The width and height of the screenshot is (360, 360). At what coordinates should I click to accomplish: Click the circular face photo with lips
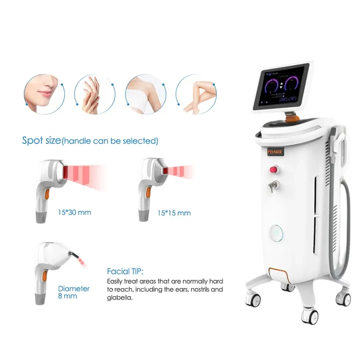(44, 94)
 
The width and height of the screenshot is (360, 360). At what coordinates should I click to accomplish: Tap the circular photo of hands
(95, 94)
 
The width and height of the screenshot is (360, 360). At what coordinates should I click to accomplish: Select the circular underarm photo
(145, 94)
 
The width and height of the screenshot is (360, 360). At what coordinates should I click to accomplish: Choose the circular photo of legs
(195, 94)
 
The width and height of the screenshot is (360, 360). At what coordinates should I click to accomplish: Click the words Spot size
(41, 141)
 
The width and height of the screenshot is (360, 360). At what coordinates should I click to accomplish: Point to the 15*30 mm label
(74, 212)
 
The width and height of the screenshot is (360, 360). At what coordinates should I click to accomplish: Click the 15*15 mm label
(174, 213)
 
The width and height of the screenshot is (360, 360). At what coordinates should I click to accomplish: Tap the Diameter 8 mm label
(73, 292)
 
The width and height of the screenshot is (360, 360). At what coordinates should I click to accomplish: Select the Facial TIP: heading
(125, 271)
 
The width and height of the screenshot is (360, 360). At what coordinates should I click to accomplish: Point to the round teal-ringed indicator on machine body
(276, 233)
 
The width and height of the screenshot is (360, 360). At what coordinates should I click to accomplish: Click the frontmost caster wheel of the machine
(310, 316)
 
